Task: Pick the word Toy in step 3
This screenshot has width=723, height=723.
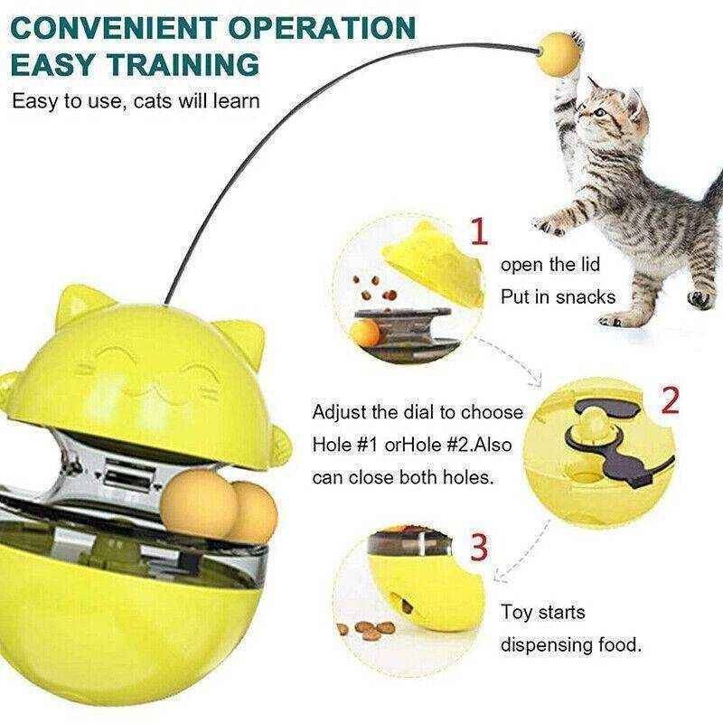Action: [x=520, y=614]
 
